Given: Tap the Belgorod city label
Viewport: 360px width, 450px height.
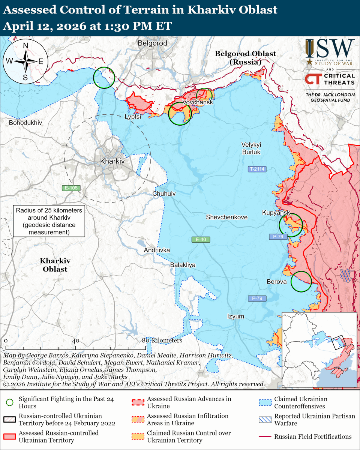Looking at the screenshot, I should tap(152, 43).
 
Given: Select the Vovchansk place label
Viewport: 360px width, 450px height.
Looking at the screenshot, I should tap(198, 102).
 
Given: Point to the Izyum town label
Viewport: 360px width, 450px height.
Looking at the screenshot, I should tap(235, 316).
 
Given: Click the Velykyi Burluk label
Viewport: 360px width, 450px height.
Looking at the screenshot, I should tap(251, 148).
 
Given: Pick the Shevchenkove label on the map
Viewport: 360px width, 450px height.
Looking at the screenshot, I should tap(226, 217).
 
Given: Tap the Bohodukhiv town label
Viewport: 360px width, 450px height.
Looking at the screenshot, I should tap(25, 123).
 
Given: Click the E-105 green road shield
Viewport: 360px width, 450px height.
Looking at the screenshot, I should tap(71, 188).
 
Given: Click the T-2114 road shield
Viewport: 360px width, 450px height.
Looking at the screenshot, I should tap(257, 169).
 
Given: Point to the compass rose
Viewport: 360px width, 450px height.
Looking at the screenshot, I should tap(25, 61).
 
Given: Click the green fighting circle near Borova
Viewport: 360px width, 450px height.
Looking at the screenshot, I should tap(301, 282).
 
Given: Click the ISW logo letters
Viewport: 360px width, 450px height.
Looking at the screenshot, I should tap(330, 49).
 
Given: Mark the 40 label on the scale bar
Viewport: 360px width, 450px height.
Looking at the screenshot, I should tap(75, 341).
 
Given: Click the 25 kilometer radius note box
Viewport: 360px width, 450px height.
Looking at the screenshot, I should tap(48, 221).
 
